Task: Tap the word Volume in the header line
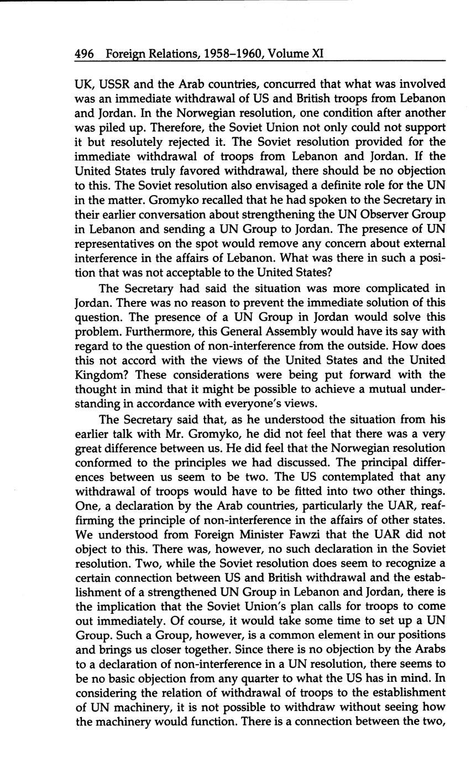coord(287,54)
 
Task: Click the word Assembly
coord(294,332)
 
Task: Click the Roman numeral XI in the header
coord(316,54)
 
